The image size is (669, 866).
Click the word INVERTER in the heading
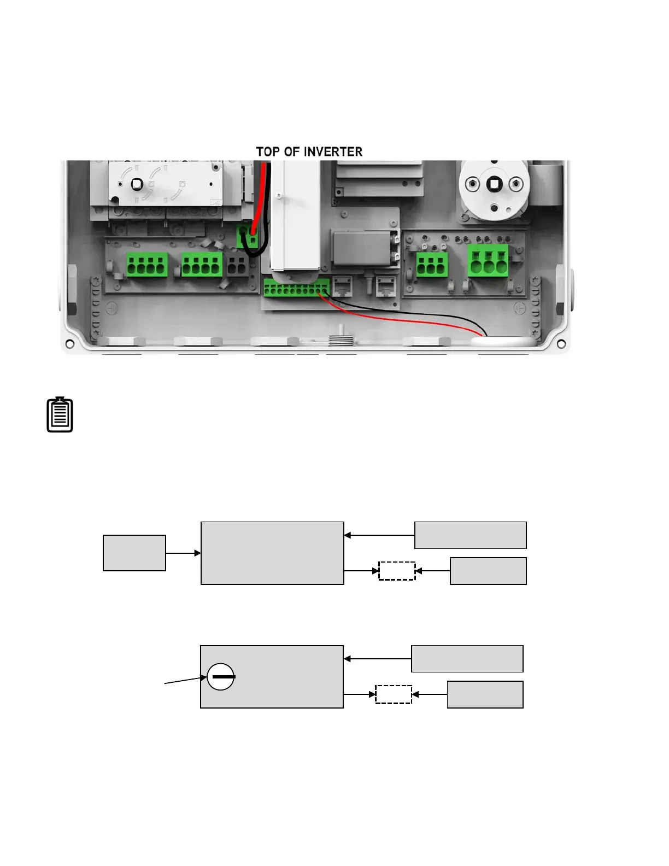click(333, 152)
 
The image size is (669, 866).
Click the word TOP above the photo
click(267, 152)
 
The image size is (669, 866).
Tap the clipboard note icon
click(60, 415)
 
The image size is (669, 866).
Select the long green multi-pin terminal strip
click(296, 288)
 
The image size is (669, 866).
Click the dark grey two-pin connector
click(237, 266)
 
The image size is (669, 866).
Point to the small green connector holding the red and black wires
click(248, 238)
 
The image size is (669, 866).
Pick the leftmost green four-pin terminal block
click(146, 265)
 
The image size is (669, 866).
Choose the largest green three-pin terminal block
click(488, 261)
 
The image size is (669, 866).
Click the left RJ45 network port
click(342, 285)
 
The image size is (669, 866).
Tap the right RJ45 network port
click(386, 285)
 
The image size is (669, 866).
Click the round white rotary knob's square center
click(494, 184)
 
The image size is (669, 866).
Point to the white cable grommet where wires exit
click(502, 341)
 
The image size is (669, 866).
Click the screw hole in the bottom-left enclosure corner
click(70, 344)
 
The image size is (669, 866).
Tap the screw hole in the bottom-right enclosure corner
click(561, 344)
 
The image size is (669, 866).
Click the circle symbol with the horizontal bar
click(221, 677)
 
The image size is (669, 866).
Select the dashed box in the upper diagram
click(397, 571)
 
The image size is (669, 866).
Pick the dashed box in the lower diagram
click(394, 694)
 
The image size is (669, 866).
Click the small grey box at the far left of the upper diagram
click(134, 553)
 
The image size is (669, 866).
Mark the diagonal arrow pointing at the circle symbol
click(185, 680)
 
